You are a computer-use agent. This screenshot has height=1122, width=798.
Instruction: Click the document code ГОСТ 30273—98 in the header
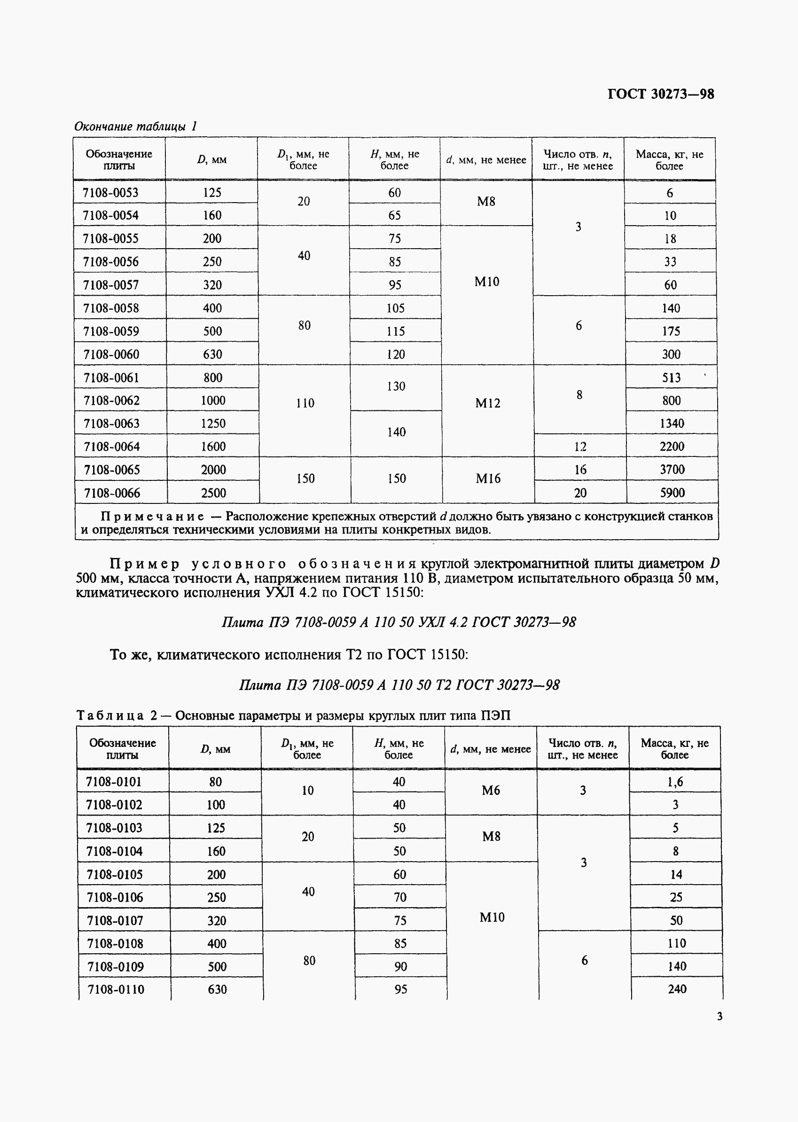[x=660, y=94]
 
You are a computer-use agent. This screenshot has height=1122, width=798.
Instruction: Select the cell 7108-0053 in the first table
[x=110, y=193]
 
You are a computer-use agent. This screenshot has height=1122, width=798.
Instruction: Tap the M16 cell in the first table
[x=488, y=479]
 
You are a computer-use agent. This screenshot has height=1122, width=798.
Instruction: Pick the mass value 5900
[x=672, y=493]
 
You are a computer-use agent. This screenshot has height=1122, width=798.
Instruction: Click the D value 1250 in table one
[x=213, y=423]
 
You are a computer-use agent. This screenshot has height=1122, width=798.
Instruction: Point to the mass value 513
[x=671, y=377]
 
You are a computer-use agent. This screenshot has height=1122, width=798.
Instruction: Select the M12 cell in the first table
[x=487, y=403]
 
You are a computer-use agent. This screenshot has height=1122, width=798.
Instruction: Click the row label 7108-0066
[x=112, y=493]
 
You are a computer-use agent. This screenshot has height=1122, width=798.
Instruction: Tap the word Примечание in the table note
[x=152, y=517]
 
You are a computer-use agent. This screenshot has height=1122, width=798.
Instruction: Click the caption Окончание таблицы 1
[x=135, y=126]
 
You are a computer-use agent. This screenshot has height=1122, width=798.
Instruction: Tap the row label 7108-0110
[x=116, y=989]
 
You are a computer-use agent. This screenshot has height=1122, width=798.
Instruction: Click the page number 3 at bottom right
[x=720, y=1016]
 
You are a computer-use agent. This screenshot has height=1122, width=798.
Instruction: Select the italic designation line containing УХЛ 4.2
[x=399, y=622]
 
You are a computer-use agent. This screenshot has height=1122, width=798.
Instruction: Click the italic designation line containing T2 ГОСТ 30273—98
[x=399, y=684]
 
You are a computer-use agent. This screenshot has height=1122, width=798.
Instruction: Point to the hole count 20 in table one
[x=580, y=493]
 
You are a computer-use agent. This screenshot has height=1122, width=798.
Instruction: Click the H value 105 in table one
[x=395, y=308]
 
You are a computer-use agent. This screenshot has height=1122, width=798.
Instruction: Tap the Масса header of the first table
[x=669, y=160]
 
